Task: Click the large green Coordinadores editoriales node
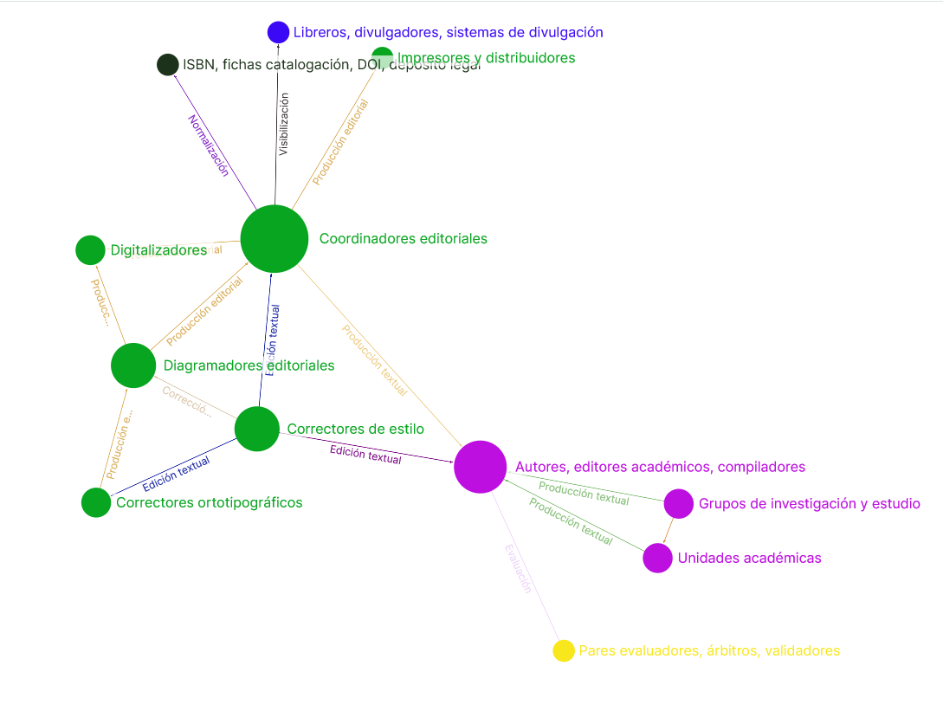[x=275, y=239]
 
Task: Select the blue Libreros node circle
[x=278, y=32]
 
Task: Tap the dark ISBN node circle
[x=168, y=65]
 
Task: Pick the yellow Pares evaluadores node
[x=564, y=650]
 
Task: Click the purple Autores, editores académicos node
[x=480, y=467]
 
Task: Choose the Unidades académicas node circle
[x=658, y=558]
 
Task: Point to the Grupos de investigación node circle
[x=678, y=504]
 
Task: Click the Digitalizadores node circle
[x=90, y=250]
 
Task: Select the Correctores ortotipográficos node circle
[x=96, y=502]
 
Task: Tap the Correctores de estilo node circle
[x=257, y=429]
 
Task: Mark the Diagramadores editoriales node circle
[x=133, y=365]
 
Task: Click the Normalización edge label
[x=209, y=145]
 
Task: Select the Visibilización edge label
[x=283, y=124]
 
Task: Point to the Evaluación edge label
[x=518, y=567]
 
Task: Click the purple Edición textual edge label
[x=365, y=454]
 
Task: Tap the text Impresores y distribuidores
[x=487, y=58]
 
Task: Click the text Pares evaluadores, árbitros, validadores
[x=709, y=650]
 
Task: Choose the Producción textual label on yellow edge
[x=374, y=360]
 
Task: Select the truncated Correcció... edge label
[x=186, y=402]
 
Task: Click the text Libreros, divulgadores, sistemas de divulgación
[x=448, y=32]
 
